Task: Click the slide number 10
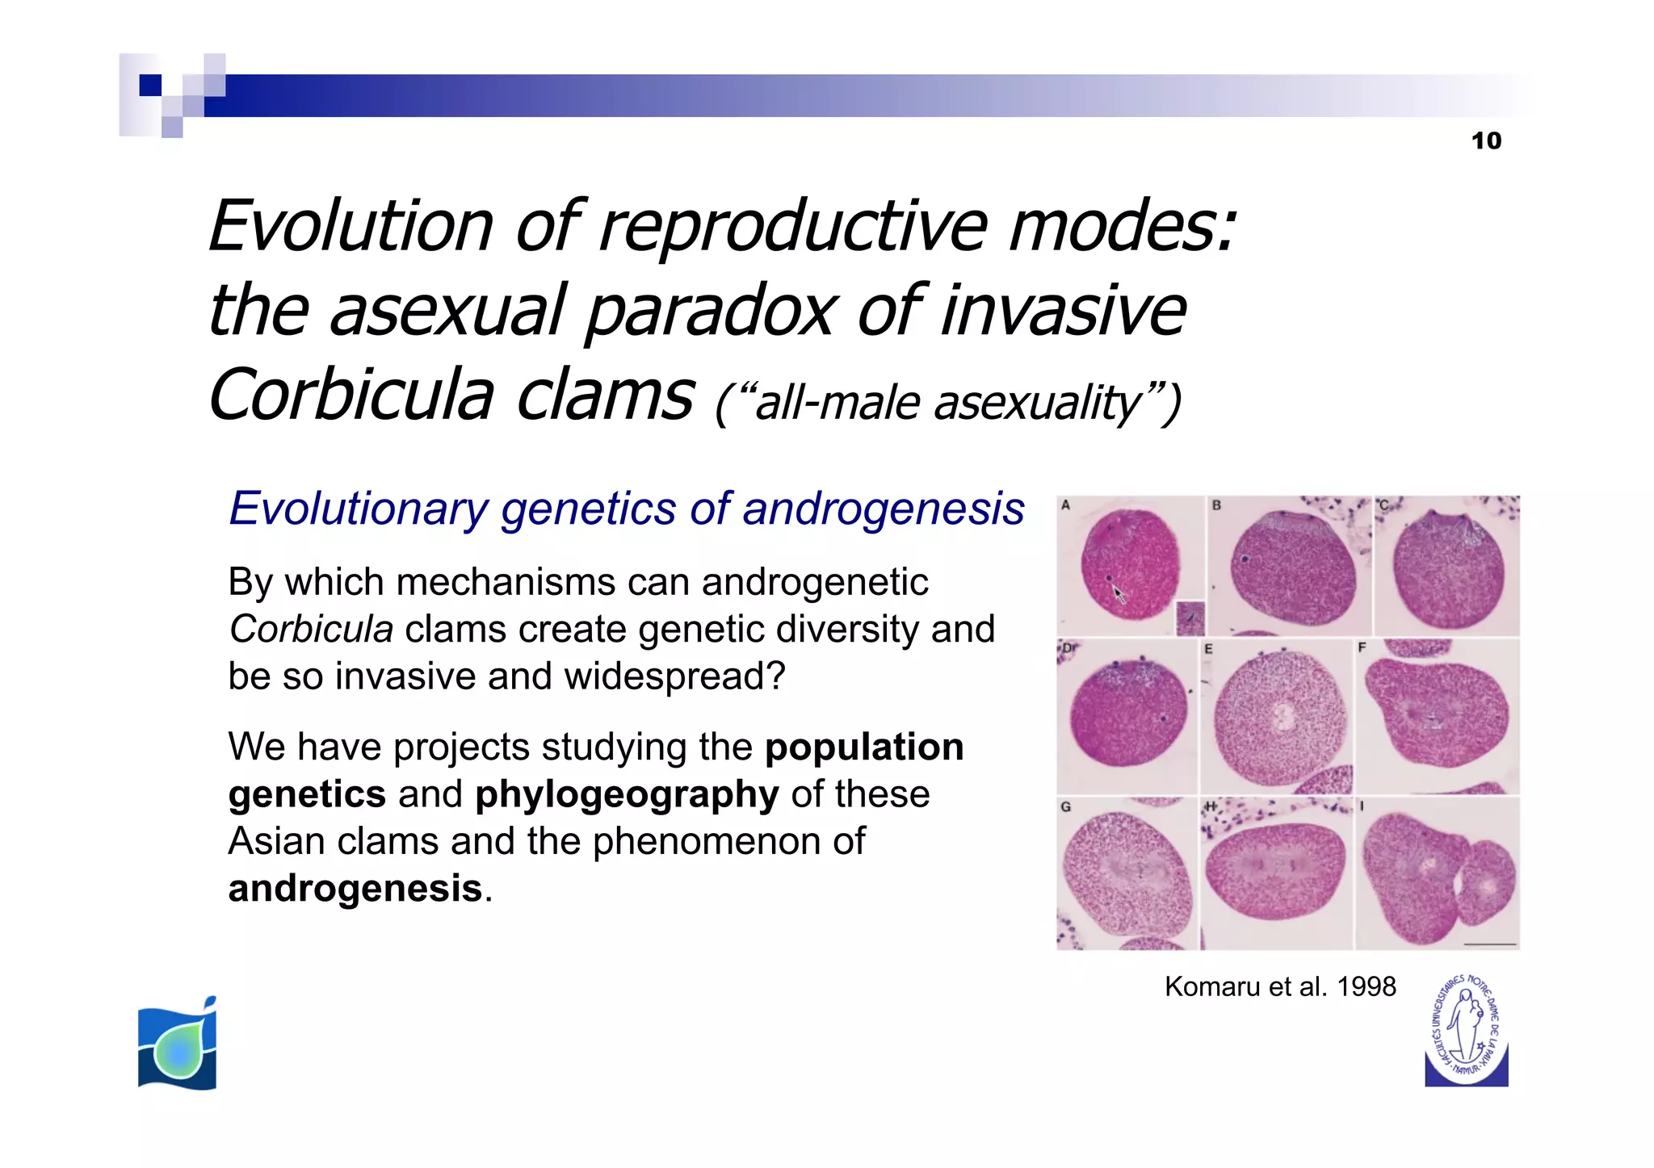coord(1485,140)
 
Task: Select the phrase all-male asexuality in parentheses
coord(948,403)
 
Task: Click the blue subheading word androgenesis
coord(883,509)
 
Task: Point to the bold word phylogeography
coord(627,794)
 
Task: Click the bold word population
coord(863,747)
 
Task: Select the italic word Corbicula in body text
coord(311,630)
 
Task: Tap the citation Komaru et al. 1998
coord(1279,986)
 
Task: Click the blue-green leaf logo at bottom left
coord(178,1044)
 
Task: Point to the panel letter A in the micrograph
coord(1065,505)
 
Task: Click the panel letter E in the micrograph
coord(1208,649)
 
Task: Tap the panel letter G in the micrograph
coord(1065,806)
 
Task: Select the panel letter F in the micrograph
coord(1362,647)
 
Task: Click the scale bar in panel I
coord(1489,944)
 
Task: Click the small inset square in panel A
coord(1190,618)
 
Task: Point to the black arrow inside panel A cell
coord(1119,595)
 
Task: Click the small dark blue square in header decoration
coord(150,86)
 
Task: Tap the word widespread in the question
coord(674,676)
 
